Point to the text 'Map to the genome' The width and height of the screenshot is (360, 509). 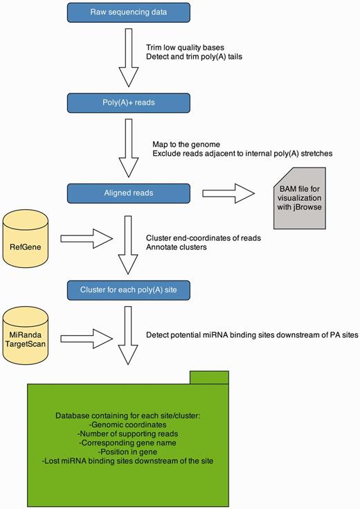point(186,143)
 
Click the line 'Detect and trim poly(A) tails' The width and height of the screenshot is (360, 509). point(194,57)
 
